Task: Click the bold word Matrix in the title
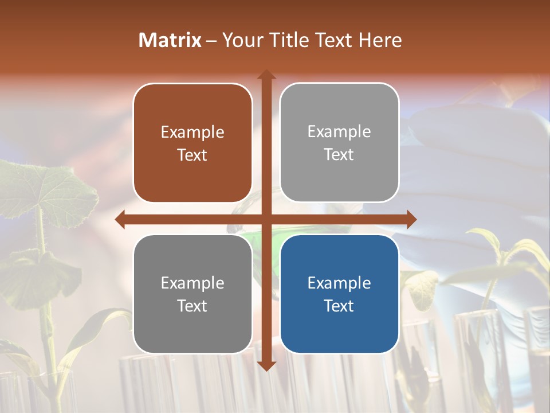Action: pos(170,40)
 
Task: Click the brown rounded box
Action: pos(192,143)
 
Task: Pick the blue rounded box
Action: pos(339,294)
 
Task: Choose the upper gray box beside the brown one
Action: pos(339,142)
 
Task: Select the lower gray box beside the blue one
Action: pos(192,294)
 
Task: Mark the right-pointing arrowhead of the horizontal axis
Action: pos(411,219)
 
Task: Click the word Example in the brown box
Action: pos(192,132)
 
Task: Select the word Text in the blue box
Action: pos(339,306)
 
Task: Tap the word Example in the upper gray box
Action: pos(339,131)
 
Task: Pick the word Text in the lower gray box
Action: pos(192,306)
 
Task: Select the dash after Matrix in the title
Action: pos(211,41)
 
